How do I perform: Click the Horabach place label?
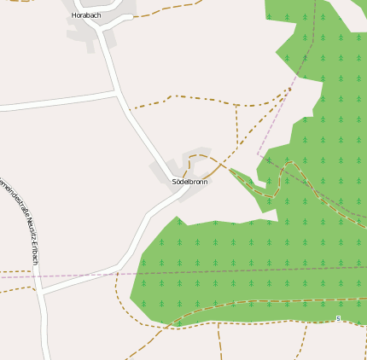tap(86, 15)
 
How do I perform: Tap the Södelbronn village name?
tap(189, 182)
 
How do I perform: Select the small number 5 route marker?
tap(338, 318)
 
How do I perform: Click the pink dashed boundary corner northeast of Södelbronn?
tap(258, 155)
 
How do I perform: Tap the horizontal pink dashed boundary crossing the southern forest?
tap(256, 271)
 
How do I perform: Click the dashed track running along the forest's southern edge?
tap(256, 302)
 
